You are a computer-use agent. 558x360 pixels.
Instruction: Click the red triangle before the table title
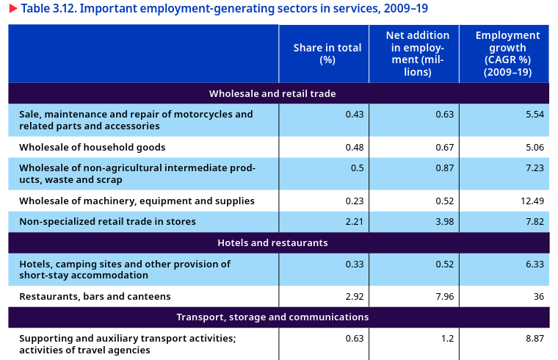[12, 9]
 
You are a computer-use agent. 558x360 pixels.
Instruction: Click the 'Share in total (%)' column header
[327, 54]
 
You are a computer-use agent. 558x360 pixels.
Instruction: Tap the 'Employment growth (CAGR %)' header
[507, 54]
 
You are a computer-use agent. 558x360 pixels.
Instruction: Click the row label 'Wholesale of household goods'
[93, 147]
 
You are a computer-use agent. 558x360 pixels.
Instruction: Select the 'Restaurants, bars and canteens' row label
[95, 296]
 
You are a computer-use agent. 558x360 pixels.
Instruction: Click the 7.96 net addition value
[444, 296]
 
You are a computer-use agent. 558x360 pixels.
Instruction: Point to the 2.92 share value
[354, 296]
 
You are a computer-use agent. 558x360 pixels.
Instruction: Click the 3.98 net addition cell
[444, 221]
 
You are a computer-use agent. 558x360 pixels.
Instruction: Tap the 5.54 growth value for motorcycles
[534, 114]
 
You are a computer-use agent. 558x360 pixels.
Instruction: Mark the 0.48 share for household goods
[354, 147]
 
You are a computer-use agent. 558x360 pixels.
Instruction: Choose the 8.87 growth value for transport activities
[534, 339]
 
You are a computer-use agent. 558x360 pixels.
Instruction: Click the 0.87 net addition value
[444, 168]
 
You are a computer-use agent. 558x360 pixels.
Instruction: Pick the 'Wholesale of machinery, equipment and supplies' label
[137, 201]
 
